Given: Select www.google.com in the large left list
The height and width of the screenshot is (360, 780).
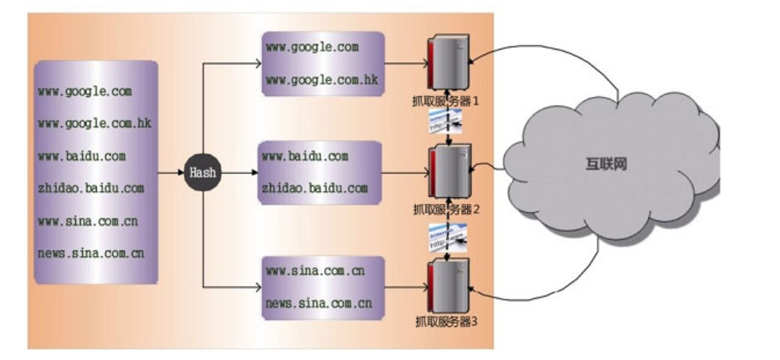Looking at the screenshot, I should (85, 91).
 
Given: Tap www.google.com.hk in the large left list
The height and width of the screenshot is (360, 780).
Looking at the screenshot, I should (94, 123).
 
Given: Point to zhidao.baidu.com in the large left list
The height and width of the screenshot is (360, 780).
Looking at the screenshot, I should (91, 188).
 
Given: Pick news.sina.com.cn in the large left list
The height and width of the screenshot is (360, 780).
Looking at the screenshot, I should (91, 253).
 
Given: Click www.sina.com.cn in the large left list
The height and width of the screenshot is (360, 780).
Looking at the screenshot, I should (88, 220).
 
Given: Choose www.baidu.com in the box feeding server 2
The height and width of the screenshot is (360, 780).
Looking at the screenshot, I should (305, 157).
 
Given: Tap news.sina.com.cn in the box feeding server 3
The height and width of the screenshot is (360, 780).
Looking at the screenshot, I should (319, 303).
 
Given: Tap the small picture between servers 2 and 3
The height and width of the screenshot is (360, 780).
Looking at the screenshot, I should (447, 235).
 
